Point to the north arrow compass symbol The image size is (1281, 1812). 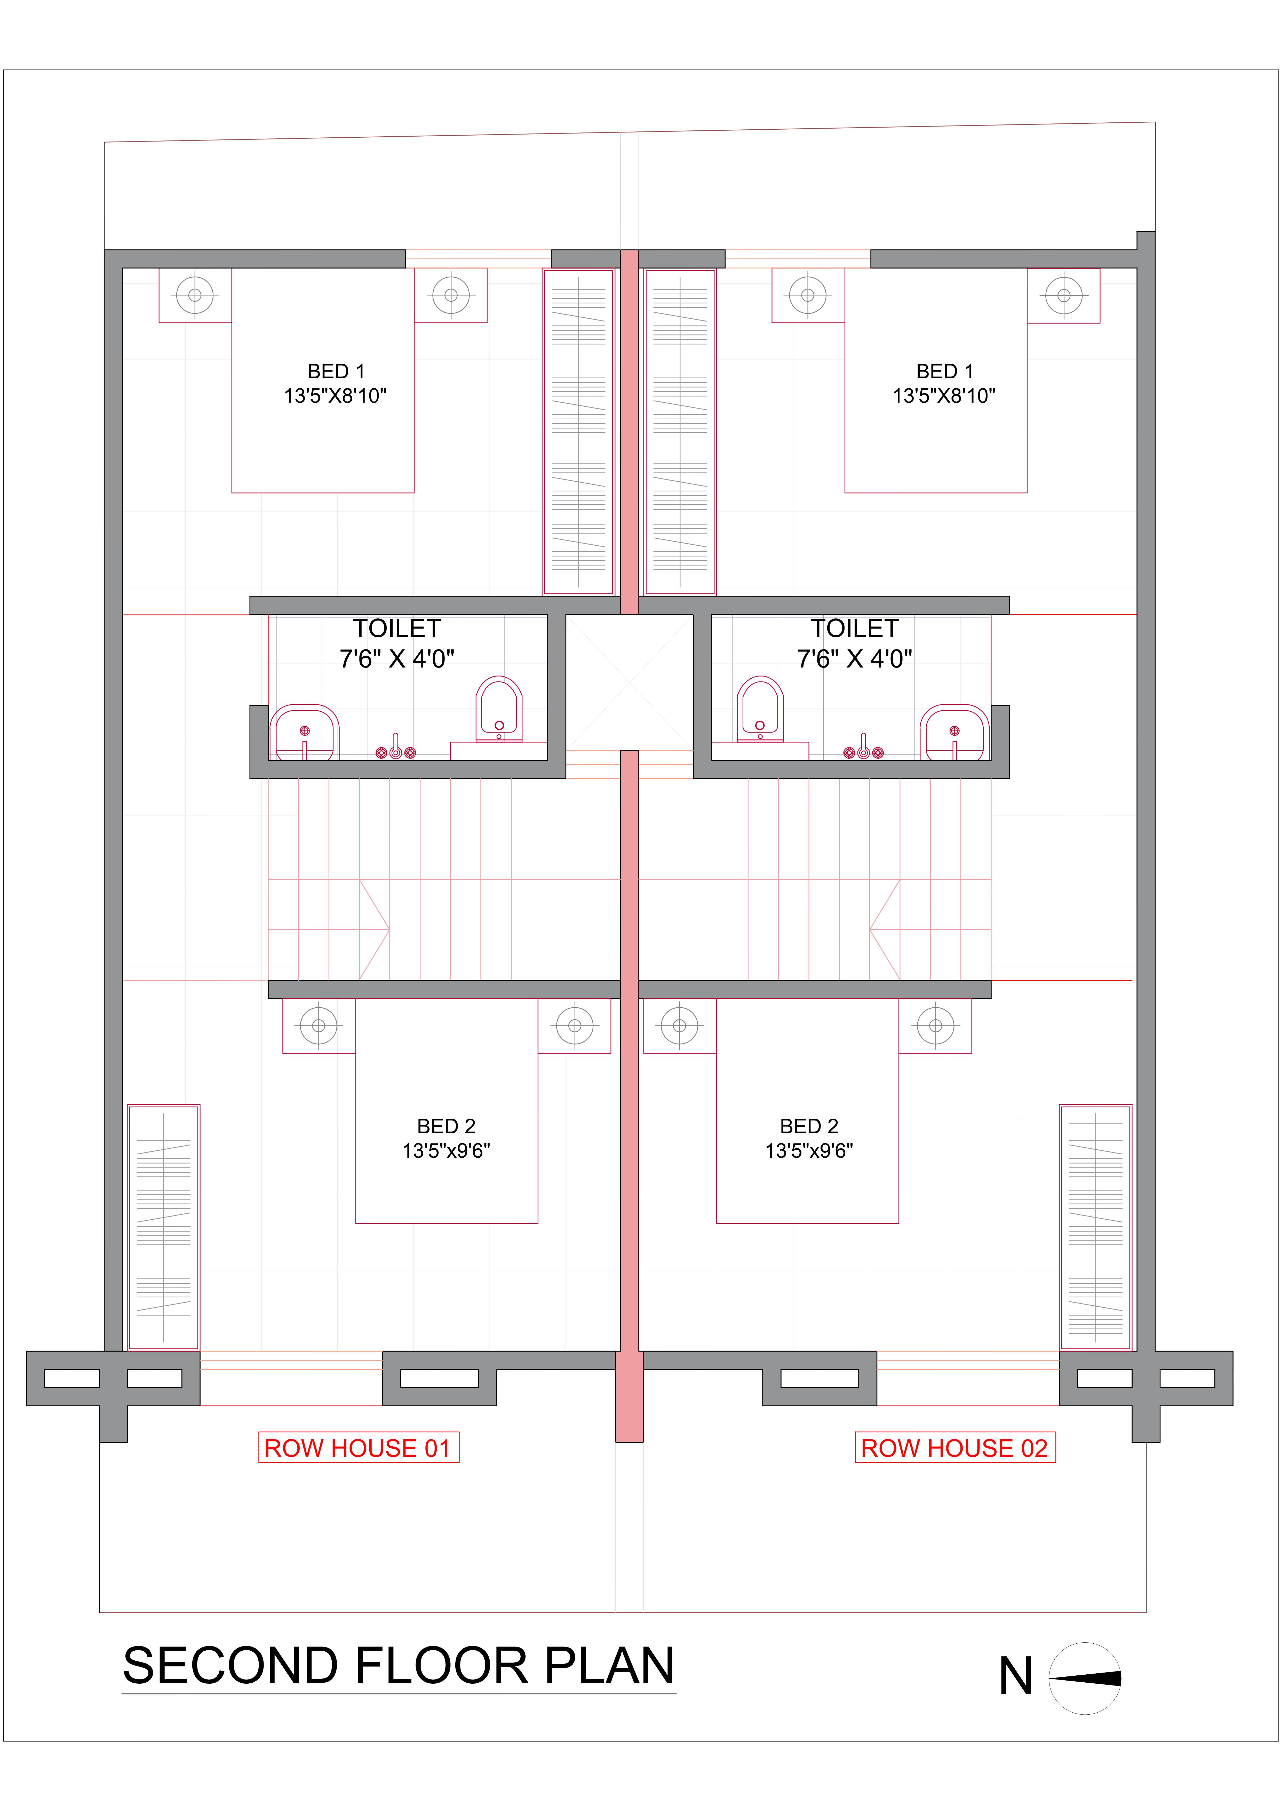[x=1085, y=1679]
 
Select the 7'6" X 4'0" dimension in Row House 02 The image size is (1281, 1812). [x=855, y=658]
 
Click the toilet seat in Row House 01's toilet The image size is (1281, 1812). [x=498, y=709]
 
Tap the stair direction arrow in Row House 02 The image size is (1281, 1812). [x=885, y=930]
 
